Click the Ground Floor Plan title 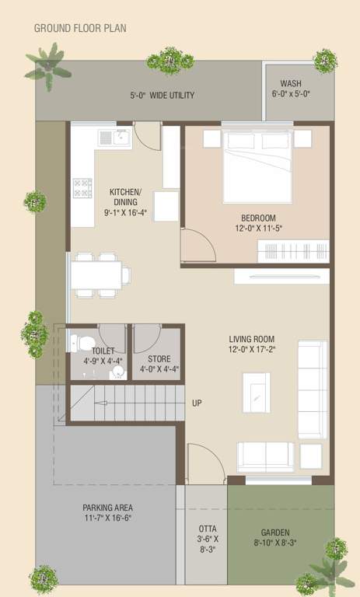[x=80, y=29]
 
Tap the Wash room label [x=291, y=84]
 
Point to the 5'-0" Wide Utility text [x=162, y=96]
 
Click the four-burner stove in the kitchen [x=82, y=188]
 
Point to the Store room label [x=159, y=358]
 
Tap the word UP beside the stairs [x=197, y=403]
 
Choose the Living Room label [x=252, y=339]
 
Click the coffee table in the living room [x=256, y=392]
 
